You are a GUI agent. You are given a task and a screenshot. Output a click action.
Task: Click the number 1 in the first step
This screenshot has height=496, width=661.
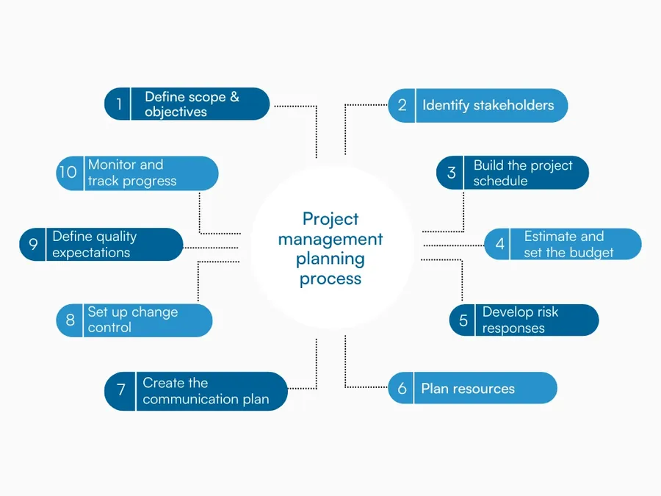(x=118, y=104)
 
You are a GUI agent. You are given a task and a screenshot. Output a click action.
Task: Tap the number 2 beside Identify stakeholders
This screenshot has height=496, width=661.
(x=402, y=105)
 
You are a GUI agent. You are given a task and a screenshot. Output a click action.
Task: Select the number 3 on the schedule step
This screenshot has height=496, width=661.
(x=451, y=173)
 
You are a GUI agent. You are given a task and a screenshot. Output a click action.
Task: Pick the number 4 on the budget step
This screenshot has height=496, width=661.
(x=500, y=244)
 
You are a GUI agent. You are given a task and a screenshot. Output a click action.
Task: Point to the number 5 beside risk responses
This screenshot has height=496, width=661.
(x=463, y=320)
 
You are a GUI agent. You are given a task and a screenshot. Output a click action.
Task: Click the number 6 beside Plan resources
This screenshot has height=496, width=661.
(x=402, y=389)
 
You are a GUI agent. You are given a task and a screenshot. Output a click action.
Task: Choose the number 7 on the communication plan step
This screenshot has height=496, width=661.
(x=120, y=391)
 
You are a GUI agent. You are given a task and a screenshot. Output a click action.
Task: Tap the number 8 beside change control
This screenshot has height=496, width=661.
(x=71, y=320)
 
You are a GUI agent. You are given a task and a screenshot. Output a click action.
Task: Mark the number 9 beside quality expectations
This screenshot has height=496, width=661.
(x=34, y=244)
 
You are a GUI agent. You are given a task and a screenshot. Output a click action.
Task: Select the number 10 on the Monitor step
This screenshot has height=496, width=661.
(x=68, y=173)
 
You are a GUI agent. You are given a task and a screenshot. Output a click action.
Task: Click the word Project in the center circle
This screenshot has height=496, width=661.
(x=330, y=219)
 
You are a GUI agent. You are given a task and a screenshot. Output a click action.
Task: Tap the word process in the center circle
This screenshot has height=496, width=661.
(x=330, y=278)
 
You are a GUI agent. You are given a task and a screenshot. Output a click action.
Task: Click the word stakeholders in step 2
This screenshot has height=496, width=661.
(x=513, y=105)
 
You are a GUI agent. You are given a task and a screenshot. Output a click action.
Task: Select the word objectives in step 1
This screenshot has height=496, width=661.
(x=176, y=112)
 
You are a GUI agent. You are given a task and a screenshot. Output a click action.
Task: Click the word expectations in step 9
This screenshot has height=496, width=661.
(x=91, y=252)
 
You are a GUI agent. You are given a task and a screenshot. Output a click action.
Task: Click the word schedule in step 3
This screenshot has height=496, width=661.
(x=500, y=181)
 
